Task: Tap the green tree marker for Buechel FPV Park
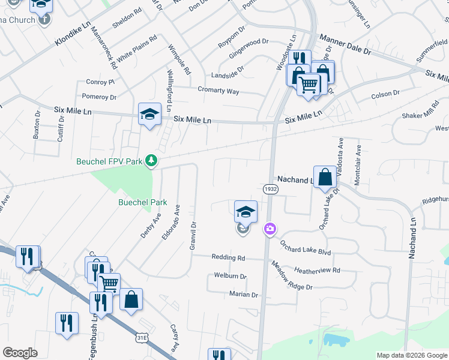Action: tap(152, 161)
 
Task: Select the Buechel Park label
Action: tap(142, 203)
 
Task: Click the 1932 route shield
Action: tap(270, 189)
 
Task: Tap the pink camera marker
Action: tap(270, 228)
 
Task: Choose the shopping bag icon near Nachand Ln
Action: tap(325, 178)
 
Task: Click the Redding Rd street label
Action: tap(229, 257)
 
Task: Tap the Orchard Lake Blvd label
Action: tap(306, 248)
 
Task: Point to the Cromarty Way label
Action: tap(218, 91)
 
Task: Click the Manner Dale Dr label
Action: tap(345, 46)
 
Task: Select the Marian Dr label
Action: tap(243, 295)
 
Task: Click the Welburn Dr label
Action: tap(231, 276)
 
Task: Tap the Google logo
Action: tap(20, 353)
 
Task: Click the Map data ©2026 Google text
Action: tap(411, 355)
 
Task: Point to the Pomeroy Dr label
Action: tap(99, 96)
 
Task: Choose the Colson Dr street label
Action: tap(385, 94)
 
